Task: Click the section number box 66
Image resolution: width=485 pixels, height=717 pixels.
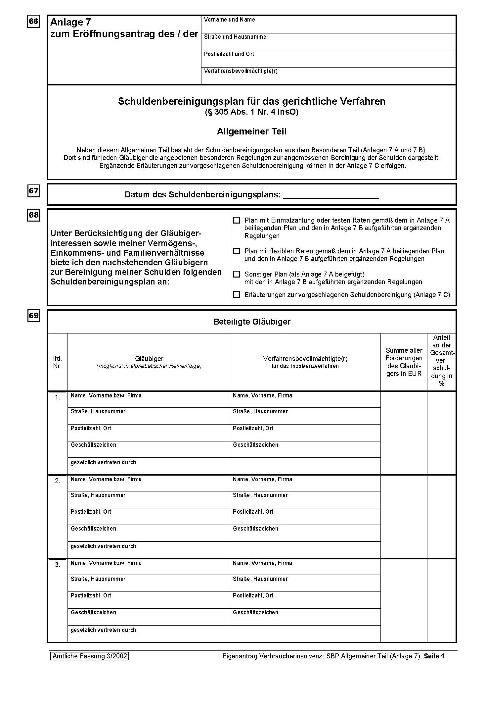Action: click(33, 21)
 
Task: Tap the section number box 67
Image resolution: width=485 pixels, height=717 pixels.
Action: click(33, 191)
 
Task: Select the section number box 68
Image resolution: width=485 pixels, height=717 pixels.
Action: click(33, 215)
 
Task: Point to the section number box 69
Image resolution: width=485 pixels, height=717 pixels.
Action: click(33, 316)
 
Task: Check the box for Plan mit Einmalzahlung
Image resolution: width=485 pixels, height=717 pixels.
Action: click(237, 220)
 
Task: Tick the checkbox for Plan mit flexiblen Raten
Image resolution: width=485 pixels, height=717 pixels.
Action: click(237, 251)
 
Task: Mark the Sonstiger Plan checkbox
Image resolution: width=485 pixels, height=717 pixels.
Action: click(237, 274)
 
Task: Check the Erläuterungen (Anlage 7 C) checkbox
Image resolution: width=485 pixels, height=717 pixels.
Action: click(237, 294)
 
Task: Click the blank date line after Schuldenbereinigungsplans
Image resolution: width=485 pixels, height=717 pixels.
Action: click(331, 195)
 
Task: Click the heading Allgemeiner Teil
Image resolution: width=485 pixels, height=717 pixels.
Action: click(251, 131)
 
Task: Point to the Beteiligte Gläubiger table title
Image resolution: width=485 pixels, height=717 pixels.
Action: click(252, 322)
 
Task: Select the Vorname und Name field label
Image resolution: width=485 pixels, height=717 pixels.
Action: click(229, 20)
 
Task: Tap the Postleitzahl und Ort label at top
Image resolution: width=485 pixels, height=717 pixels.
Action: click(229, 54)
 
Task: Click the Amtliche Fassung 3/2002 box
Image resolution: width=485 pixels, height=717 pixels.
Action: click(90, 656)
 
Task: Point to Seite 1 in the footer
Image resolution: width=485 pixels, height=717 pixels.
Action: click(434, 656)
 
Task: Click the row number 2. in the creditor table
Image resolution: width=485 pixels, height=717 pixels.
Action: click(58, 481)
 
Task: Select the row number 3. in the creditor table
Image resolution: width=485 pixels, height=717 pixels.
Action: click(58, 565)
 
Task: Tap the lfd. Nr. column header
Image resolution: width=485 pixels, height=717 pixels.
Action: click(58, 362)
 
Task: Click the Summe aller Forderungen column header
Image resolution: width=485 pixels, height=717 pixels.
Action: click(404, 362)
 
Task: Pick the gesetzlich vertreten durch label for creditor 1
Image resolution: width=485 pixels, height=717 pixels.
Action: click(103, 462)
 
